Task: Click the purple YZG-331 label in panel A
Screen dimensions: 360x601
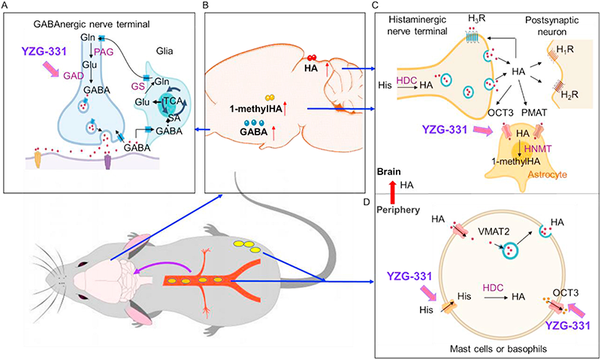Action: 44,54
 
